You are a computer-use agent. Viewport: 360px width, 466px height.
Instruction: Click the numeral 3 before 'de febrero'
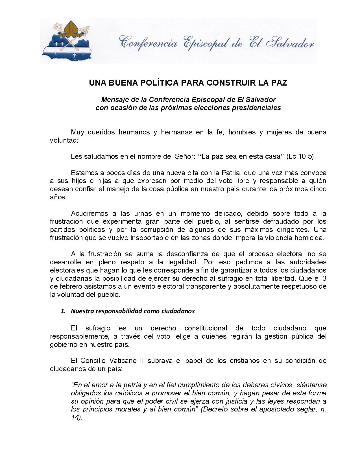click(324, 278)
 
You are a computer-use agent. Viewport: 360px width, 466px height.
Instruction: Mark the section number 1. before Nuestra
click(64, 311)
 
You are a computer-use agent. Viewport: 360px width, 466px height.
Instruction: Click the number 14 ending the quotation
click(75, 418)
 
